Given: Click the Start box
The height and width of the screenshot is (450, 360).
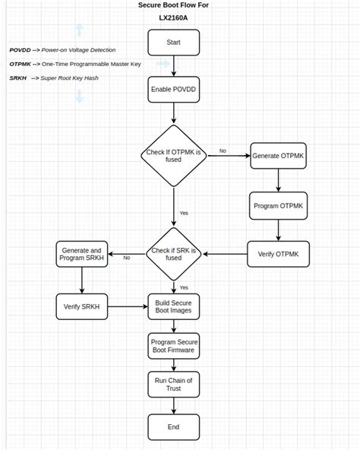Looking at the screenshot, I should (x=173, y=43).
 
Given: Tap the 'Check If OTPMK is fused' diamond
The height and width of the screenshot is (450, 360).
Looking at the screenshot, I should (x=173, y=155).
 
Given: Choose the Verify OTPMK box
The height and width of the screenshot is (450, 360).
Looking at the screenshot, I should (x=277, y=253).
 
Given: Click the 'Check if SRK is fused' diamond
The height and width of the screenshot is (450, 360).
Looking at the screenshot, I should (x=173, y=253).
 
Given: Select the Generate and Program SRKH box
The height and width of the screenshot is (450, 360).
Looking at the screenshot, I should (x=81, y=254).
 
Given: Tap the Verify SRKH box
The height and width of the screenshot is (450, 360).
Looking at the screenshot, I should (x=81, y=306).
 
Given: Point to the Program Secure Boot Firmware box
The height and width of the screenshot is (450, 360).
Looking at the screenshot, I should (x=173, y=347).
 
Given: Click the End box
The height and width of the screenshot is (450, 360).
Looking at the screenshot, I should (x=173, y=426).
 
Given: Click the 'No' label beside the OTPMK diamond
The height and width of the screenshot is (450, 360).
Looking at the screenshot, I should (x=223, y=151).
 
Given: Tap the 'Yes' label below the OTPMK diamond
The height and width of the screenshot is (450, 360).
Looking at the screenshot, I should (x=184, y=212).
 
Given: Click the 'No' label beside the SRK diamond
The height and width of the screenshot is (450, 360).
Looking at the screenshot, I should (x=126, y=258).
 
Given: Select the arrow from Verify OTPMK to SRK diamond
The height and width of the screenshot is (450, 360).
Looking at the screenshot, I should (x=225, y=253).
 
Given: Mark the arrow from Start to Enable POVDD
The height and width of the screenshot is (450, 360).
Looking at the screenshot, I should (x=173, y=66).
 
